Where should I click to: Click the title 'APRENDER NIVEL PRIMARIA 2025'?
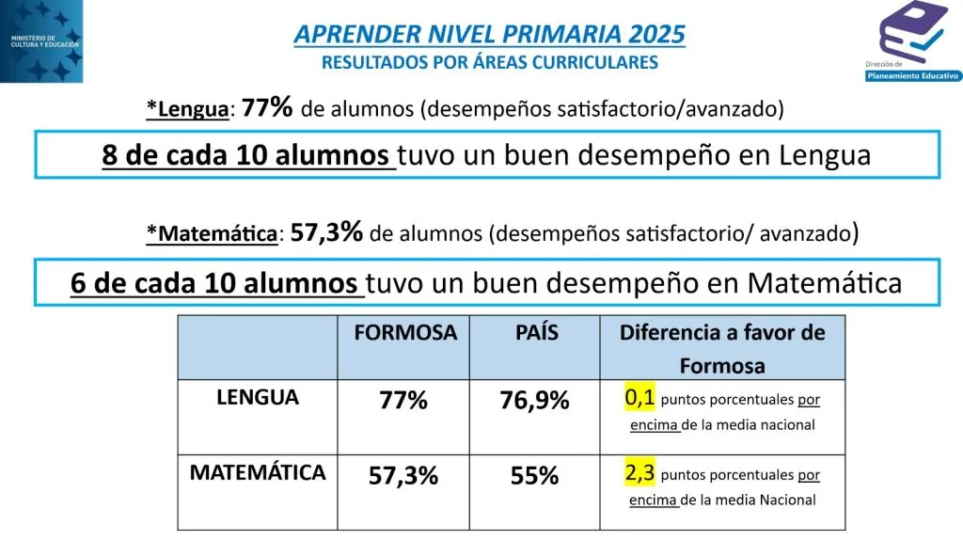click(x=489, y=34)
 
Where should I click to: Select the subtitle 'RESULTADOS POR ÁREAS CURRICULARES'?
click(x=489, y=62)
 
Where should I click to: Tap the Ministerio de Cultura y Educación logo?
click(x=41, y=41)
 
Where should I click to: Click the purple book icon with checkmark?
click(x=913, y=31)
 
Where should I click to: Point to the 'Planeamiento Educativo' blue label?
click(x=912, y=75)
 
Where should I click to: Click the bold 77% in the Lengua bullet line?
click(x=267, y=107)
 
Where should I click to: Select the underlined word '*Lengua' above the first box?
click(x=187, y=109)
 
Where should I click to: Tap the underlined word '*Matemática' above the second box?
click(x=212, y=233)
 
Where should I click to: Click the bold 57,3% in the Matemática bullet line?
click(x=326, y=232)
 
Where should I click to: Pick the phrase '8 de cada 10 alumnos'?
click(x=245, y=155)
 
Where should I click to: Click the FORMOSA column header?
click(x=405, y=332)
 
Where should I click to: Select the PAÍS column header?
click(x=536, y=332)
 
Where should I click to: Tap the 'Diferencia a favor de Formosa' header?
click(x=722, y=348)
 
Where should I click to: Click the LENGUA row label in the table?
click(x=258, y=397)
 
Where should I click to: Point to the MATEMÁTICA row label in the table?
click(x=258, y=472)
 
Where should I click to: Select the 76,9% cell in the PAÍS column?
click(x=534, y=400)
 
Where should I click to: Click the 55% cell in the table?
click(x=534, y=476)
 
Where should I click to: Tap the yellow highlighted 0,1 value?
click(x=639, y=397)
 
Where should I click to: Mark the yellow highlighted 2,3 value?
click(x=639, y=472)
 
